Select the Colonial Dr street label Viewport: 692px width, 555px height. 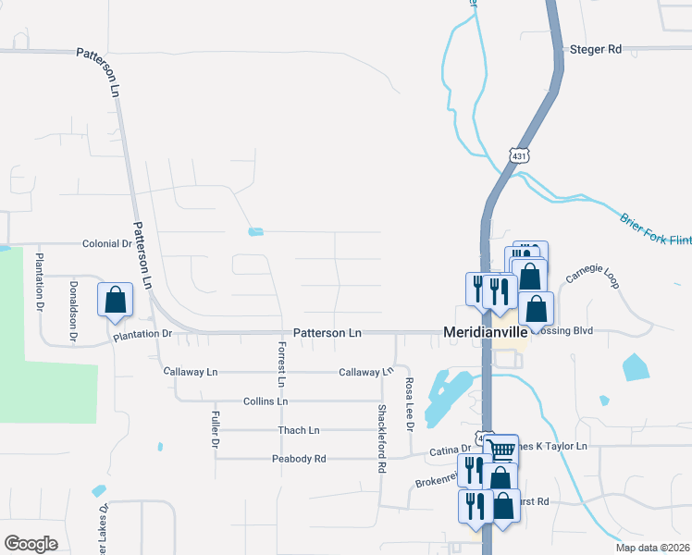pyautogui.click(x=107, y=244)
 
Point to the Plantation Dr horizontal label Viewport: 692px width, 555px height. pyautogui.click(x=142, y=334)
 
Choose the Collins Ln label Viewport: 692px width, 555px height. pyautogui.click(x=266, y=401)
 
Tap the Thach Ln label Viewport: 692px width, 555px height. pyautogui.click(x=299, y=430)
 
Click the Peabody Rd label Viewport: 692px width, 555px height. pyautogui.click(x=299, y=459)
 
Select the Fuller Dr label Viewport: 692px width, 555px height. pyautogui.click(x=215, y=429)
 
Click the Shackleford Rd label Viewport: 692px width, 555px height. pyautogui.click(x=381, y=438)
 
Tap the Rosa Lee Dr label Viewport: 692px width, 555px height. pyautogui.click(x=408, y=403)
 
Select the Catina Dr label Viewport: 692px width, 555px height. pyautogui.click(x=451, y=450)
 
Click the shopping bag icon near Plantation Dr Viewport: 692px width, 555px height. pyautogui.click(x=115, y=300)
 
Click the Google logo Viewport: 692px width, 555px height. pyautogui.click(x=31, y=544)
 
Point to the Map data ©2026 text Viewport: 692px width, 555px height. pyautogui.click(x=652, y=548)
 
